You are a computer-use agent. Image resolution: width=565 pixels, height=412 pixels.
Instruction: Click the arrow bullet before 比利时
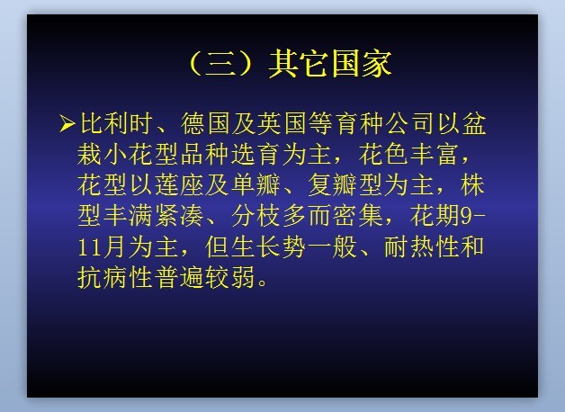67,123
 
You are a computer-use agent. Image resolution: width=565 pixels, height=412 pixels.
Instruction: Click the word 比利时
116,123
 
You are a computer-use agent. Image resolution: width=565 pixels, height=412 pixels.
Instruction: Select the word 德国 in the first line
205,123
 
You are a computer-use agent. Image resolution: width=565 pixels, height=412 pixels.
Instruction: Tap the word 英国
282,123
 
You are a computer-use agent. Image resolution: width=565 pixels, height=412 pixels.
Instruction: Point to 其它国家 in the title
330,64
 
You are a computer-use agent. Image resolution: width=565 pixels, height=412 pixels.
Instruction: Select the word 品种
205,154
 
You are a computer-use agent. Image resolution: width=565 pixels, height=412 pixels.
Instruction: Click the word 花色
383,154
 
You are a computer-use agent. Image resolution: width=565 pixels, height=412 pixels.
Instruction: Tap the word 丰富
435,154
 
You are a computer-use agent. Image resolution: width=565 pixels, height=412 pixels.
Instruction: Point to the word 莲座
179,184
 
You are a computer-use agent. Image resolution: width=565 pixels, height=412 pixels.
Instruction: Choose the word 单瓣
256,184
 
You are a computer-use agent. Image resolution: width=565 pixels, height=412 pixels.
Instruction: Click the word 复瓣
333,184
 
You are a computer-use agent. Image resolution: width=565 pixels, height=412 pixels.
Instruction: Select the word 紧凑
179,216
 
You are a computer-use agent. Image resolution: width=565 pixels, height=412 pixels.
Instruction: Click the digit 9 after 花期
467,216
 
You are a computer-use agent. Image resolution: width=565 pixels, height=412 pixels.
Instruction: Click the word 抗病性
115,277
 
